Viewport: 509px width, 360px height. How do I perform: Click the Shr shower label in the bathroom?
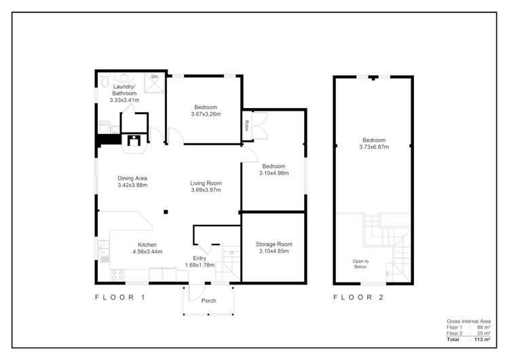point(155,77)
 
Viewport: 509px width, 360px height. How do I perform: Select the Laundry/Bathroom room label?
point(124,90)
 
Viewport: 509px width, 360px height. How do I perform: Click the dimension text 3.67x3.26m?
point(206,114)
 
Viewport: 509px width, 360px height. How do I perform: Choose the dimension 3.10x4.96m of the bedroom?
point(274,173)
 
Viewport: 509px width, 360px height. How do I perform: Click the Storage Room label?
point(274,244)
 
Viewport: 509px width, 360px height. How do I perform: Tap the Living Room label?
point(206,183)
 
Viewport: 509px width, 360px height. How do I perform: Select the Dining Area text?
point(132,178)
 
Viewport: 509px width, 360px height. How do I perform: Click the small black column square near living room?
point(166,213)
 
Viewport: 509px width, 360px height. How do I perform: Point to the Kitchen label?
point(147,245)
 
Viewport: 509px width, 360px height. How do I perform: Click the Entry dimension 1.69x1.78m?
point(200,265)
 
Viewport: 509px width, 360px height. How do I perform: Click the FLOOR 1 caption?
point(119,298)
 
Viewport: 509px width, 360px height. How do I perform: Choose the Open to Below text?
point(360,264)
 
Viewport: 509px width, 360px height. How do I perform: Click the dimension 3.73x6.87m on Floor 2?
point(374,146)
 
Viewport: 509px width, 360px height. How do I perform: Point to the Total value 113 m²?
point(483,339)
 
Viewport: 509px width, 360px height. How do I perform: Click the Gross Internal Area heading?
point(468,321)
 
